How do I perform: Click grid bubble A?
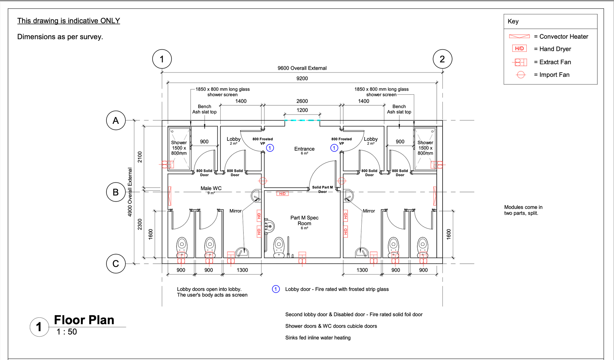[116, 120]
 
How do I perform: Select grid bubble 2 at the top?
[442, 59]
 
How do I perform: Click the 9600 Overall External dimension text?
[302, 68]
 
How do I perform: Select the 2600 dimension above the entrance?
[302, 101]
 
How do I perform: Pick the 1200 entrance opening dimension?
[302, 110]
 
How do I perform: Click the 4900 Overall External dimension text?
[130, 192]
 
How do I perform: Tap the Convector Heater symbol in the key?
[519, 36]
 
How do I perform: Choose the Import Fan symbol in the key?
[521, 75]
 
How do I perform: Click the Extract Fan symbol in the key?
[520, 62]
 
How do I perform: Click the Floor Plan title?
[84, 320]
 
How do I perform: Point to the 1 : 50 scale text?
[67, 332]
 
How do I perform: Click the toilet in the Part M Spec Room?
[279, 247]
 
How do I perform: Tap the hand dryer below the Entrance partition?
[282, 194]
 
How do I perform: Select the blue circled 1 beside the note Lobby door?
[276, 289]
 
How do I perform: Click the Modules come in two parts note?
[523, 210]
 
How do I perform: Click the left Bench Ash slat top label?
[205, 109]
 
